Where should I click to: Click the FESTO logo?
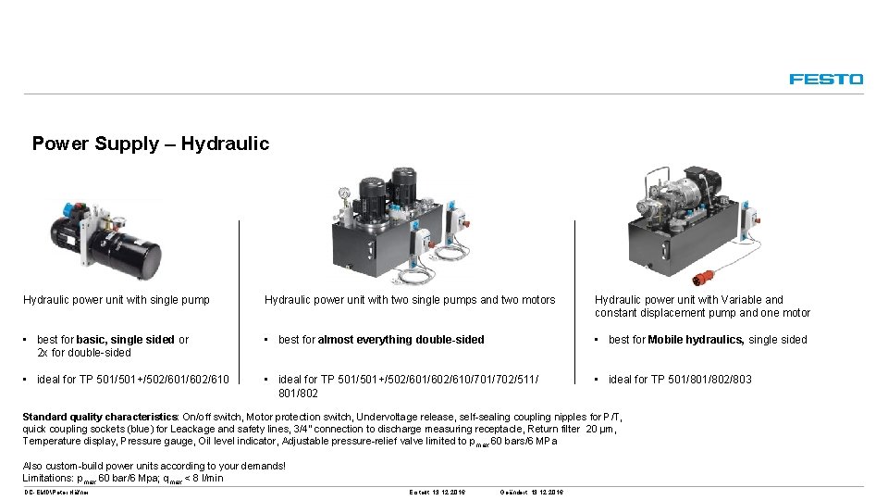(826, 80)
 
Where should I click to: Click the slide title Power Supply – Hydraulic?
(150, 144)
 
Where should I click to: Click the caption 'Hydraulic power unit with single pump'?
(117, 300)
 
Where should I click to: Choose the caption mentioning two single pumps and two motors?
(410, 300)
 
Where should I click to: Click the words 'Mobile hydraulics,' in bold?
(696, 340)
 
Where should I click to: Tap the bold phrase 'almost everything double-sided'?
(401, 340)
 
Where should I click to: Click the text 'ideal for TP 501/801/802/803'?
(680, 380)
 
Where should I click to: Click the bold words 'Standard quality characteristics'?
(101, 418)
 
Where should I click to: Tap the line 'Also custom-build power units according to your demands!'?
(154, 466)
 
